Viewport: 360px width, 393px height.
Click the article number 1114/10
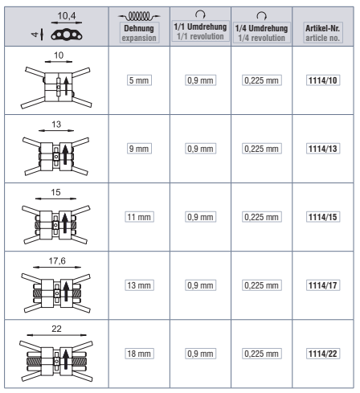[323, 80]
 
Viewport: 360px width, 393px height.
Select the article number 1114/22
[323, 354]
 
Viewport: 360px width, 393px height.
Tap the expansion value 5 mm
[139, 80]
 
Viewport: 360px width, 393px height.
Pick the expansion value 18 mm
[139, 354]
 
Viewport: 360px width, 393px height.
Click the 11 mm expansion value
[139, 217]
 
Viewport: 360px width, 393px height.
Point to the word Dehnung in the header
[139, 28]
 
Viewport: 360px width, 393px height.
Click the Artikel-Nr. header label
[323, 28]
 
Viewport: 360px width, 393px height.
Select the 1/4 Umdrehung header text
[261, 28]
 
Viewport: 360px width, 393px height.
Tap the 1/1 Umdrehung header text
[200, 27]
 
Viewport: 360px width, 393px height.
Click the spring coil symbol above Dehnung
[139, 16]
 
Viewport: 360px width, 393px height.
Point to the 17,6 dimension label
[57, 260]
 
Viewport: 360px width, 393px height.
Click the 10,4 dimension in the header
[67, 16]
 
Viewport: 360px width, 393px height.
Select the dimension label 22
[56, 329]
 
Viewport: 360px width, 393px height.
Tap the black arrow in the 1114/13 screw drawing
[65, 155]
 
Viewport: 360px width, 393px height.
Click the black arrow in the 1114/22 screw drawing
[66, 359]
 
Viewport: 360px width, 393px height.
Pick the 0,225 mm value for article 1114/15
[261, 217]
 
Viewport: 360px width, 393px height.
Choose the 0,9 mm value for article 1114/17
[200, 285]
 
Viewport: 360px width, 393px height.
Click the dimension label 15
[55, 192]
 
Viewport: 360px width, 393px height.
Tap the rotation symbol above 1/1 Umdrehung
[200, 14]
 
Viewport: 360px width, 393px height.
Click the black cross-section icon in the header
[67, 35]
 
